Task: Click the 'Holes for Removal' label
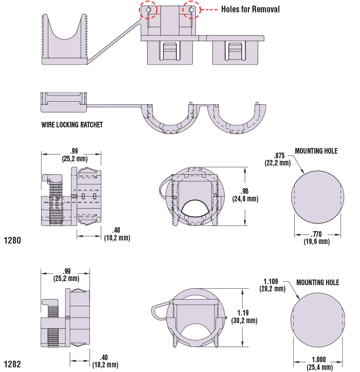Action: pos(250,9)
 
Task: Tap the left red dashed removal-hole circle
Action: pos(148,10)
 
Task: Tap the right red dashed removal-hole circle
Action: pos(191,10)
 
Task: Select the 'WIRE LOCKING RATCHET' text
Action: pos(72,125)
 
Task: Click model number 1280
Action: pos(12,240)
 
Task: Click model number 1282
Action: pos(12,365)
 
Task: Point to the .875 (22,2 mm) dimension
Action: pos(279,159)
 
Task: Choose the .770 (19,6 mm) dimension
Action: pos(316,238)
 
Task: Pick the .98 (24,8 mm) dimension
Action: pos(245,195)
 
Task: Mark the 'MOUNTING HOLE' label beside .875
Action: pos(316,151)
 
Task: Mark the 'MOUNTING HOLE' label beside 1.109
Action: pos(318,283)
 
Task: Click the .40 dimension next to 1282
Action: pos(105,361)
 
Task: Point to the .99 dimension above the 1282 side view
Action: pos(66,275)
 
